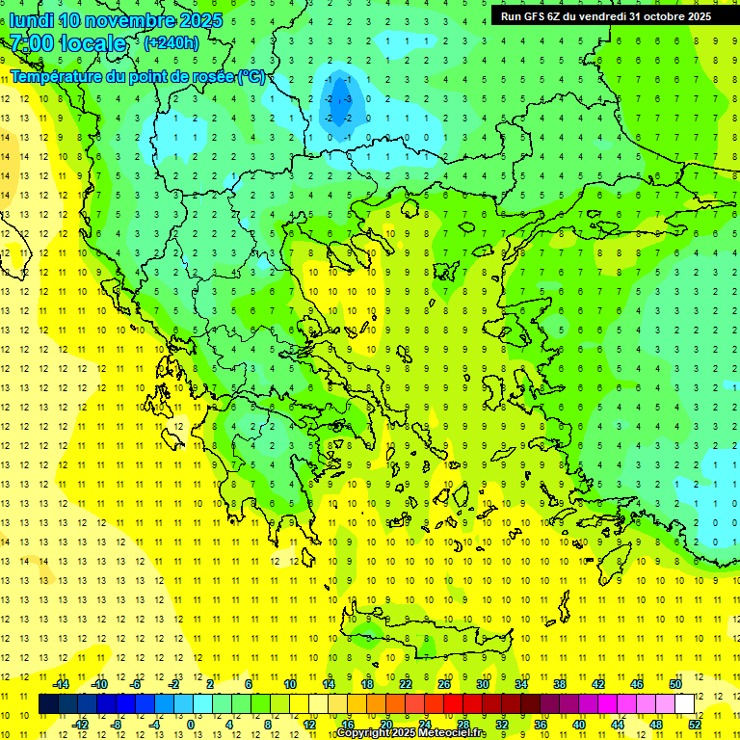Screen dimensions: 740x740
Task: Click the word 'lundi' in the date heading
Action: (30, 20)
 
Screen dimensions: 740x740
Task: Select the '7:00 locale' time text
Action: (67, 43)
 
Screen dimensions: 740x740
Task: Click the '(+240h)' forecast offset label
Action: (171, 43)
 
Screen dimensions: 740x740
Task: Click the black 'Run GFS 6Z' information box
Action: (605, 15)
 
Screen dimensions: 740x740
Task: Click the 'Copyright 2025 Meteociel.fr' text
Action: (411, 733)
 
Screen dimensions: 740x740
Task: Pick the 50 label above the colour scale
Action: (674, 684)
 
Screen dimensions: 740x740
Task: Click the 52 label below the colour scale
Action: (695, 724)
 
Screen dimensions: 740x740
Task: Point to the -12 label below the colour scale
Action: (80, 724)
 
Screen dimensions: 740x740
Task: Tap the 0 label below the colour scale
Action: (190, 724)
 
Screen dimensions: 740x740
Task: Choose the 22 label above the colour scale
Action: (406, 684)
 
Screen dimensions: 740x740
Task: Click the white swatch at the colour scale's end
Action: (684, 703)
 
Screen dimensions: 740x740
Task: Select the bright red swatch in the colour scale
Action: (454, 703)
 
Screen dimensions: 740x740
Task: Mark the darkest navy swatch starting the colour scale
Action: (48, 703)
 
